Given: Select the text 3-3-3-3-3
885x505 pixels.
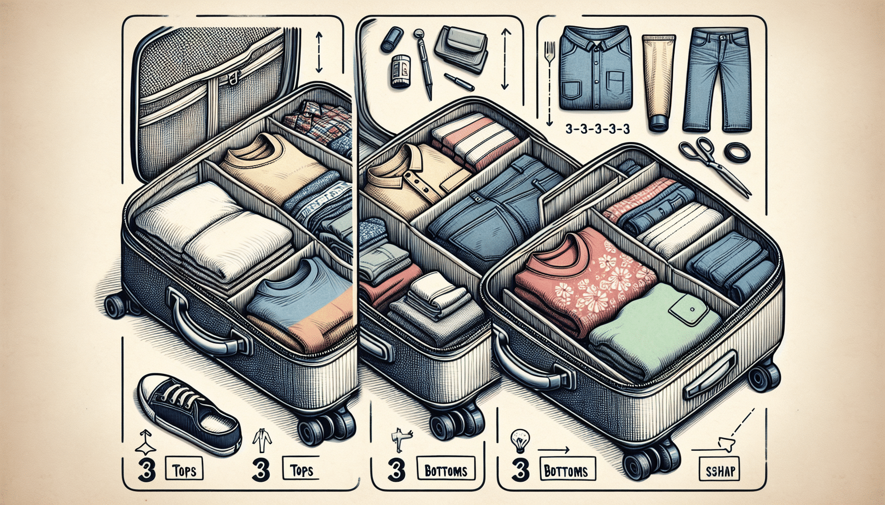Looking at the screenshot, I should coord(597,130).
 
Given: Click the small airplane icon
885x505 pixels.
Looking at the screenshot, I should coord(399,439).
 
